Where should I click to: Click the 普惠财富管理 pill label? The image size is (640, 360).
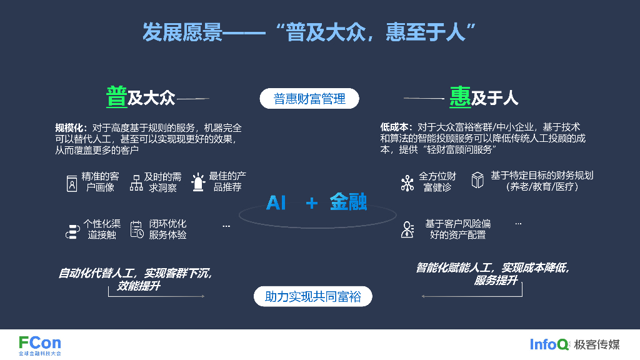click(309, 99)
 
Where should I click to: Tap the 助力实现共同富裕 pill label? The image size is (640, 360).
click(312, 296)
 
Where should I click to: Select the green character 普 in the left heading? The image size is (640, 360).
click(116, 97)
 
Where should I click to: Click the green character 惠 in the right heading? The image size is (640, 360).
click(460, 97)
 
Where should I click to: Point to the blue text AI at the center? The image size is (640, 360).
click(276, 202)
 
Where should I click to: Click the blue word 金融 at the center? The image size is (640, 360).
click(348, 202)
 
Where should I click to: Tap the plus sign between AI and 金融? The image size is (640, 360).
click(312, 203)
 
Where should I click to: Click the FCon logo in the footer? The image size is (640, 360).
click(40, 344)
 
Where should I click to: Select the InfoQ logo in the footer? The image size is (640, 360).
click(549, 344)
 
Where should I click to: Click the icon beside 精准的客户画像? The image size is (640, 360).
click(72, 183)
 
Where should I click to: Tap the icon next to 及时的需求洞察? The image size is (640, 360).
click(136, 183)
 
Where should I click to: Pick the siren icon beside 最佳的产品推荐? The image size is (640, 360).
click(198, 182)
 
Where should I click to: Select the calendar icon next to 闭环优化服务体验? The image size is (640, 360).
click(137, 230)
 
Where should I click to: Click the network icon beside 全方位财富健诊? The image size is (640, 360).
click(407, 182)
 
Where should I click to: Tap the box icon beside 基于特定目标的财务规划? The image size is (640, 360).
click(477, 181)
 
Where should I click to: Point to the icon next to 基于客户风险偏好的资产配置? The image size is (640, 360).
click(407, 229)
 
